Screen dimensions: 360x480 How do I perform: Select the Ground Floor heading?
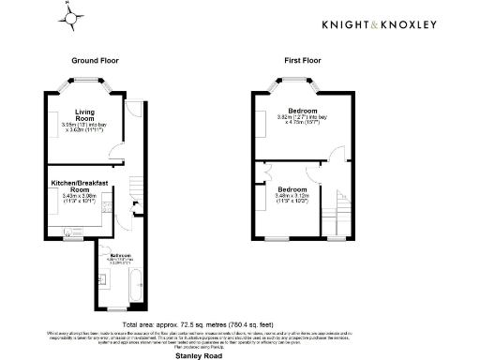[95, 60]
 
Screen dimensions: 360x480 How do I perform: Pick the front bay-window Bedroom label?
[302, 112]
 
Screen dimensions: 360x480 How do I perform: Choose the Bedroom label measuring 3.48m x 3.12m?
[292, 189]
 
